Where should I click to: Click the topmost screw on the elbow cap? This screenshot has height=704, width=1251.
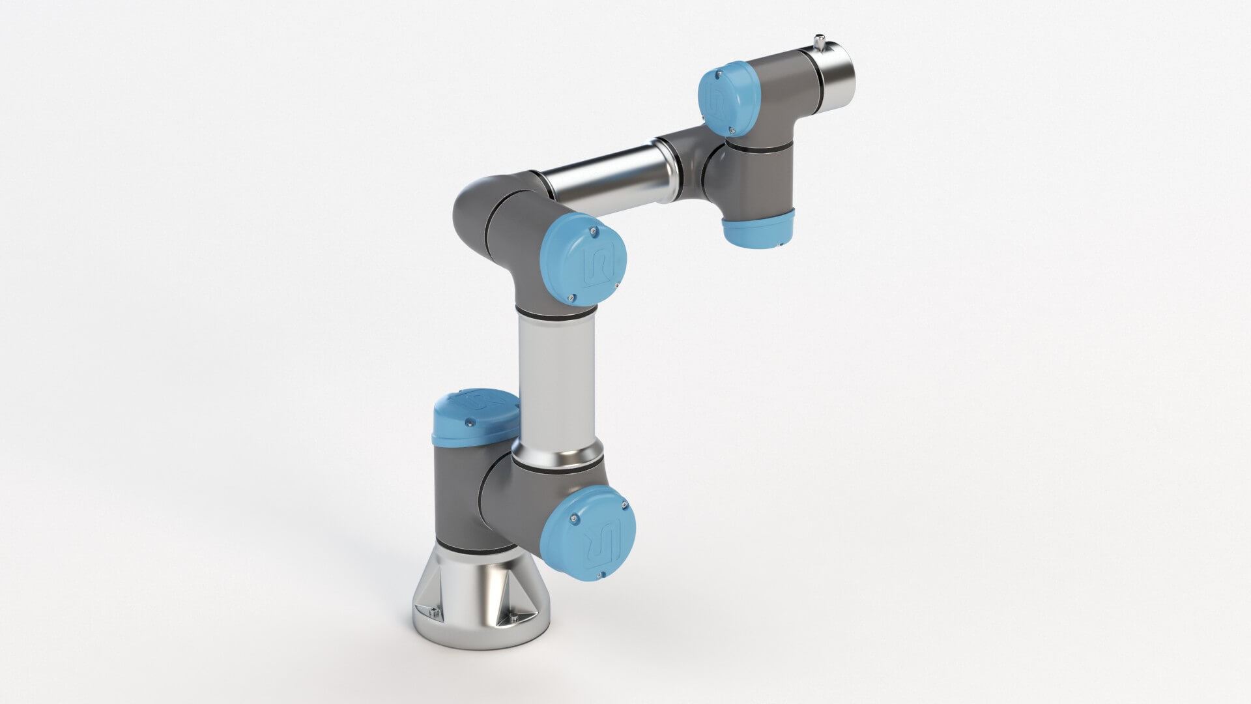(591, 229)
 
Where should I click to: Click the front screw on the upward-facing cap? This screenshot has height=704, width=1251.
(467, 424)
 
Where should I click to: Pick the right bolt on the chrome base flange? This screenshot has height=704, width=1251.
(515, 618)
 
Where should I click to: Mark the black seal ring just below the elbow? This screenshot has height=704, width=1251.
(556, 315)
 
